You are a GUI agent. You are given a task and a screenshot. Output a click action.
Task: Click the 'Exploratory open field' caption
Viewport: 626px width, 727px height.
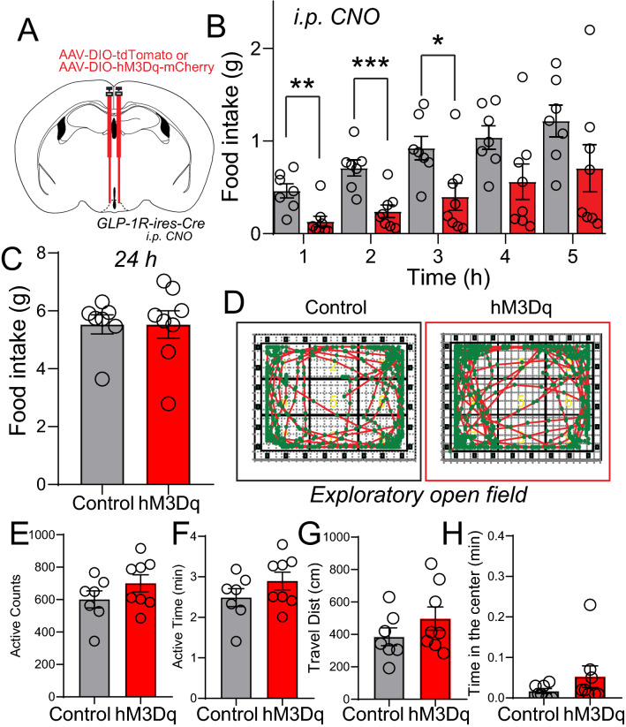(x=421, y=496)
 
